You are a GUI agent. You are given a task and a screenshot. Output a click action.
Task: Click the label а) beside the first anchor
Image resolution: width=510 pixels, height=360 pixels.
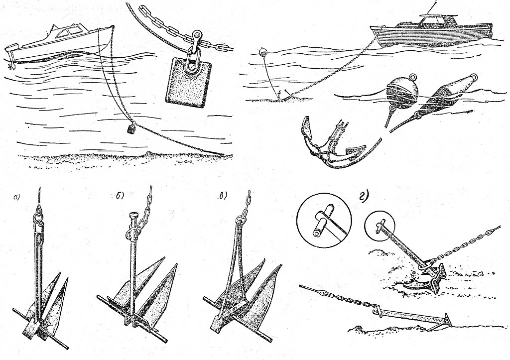pos(16,197)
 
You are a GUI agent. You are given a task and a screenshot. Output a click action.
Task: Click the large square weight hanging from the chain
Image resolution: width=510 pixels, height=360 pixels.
pos(188,83)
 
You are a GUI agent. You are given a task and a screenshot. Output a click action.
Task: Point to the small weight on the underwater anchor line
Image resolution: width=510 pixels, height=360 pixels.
pos(131,128)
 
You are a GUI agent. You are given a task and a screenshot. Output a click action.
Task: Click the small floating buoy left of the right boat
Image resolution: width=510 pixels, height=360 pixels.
pos(263,52)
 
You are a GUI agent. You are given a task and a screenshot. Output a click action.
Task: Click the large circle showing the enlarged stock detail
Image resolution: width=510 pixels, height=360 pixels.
pos(324,221)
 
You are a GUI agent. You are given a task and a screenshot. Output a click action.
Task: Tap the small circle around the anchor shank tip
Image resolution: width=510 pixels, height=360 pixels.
pos(380,226)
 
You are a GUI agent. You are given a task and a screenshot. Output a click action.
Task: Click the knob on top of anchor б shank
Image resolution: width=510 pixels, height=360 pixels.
pos(133,216)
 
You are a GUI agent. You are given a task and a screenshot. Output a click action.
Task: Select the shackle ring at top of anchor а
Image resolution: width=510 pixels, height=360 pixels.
pos(38,216)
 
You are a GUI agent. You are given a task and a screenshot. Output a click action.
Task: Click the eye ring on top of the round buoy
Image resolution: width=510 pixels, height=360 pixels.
pos(413,77)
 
